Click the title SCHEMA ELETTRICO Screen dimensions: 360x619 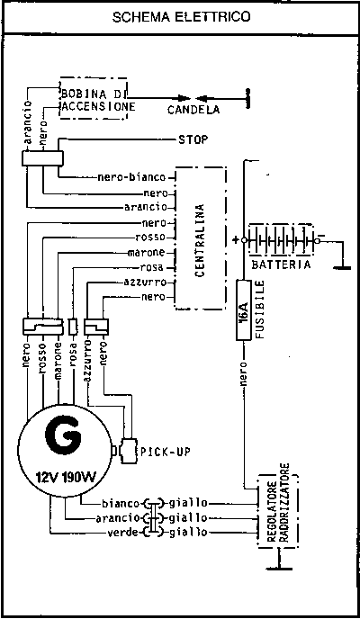(x=181, y=17)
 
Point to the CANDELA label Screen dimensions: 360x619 (x=193, y=110)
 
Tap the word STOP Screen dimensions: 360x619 (x=193, y=139)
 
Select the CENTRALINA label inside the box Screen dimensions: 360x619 (x=200, y=240)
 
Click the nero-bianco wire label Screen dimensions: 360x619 (x=131, y=177)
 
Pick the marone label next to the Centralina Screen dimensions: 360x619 (x=147, y=253)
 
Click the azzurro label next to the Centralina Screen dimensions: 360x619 (x=145, y=283)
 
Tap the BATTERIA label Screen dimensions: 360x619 (x=281, y=265)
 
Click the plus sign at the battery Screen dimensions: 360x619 (x=237, y=240)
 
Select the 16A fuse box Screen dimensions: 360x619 (x=244, y=309)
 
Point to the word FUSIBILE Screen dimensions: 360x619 (x=259, y=309)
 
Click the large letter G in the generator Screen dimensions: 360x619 (x=63, y=437)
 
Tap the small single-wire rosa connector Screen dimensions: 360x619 (x=73, y=326)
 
